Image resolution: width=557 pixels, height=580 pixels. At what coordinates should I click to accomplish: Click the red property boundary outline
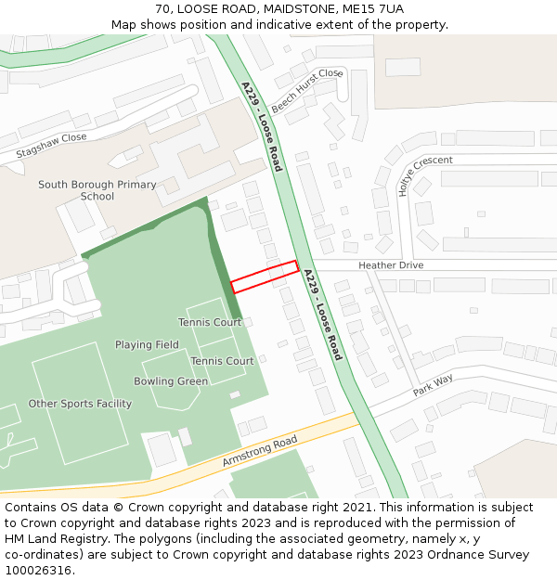coord(265,277)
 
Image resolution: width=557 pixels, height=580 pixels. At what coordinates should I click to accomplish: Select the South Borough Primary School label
coord(97,190)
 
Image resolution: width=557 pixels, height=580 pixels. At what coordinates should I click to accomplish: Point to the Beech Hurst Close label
coord(307,89)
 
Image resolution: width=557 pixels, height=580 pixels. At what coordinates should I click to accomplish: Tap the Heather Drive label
coord(391,265)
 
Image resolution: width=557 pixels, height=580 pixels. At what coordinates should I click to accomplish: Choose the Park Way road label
coord(433,385)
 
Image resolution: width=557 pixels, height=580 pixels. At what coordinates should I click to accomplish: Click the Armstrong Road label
coord(260,451)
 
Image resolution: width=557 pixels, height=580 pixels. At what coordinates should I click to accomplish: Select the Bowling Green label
coord(171,381)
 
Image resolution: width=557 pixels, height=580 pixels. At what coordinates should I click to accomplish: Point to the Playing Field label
coord(147,345)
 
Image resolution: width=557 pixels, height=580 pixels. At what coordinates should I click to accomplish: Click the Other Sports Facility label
coord(80,404)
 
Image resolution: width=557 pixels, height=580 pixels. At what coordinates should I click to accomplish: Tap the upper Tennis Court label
coord(210,323)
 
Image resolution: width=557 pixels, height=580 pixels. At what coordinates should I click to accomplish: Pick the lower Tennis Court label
coord(222,361)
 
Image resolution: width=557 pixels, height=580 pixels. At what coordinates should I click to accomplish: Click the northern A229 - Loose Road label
coord(262,126)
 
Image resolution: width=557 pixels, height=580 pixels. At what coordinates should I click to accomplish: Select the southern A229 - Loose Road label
coord(323,315)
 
